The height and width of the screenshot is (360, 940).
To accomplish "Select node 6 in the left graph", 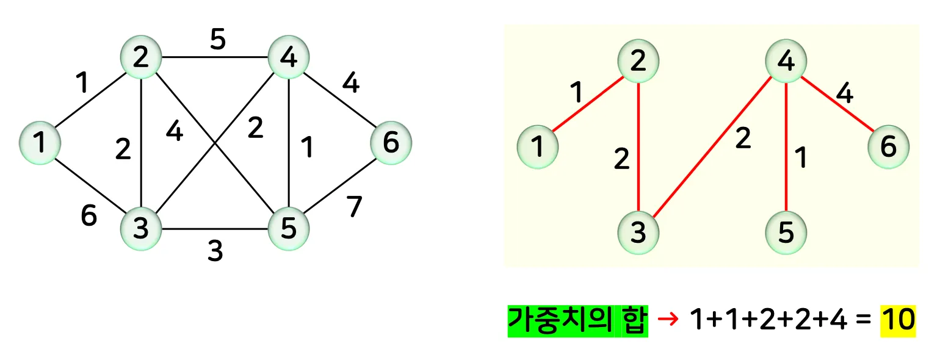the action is (x=391, y=143).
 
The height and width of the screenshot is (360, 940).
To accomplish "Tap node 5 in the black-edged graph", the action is (x=289, y=229).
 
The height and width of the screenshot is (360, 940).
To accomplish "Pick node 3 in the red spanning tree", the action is (x=638, y=232).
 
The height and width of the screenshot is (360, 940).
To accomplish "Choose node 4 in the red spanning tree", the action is (x=786, y=60).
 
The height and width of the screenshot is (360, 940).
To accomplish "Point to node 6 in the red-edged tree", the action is (x=889, y=147).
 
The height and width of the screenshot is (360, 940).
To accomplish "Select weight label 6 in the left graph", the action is (x=89, y=215).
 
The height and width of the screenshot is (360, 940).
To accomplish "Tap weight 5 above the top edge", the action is (x=218, y=40).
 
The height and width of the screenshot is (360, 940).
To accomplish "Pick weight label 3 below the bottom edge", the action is (x=215, y=251).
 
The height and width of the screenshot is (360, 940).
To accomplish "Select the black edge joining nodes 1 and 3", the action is (x=90, y=185).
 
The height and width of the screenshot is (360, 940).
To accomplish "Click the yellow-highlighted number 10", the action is (x=898, y=320).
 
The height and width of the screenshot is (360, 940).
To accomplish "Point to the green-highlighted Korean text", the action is (x=577, y=320).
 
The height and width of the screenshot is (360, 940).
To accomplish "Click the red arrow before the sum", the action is (x=670, y=320).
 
